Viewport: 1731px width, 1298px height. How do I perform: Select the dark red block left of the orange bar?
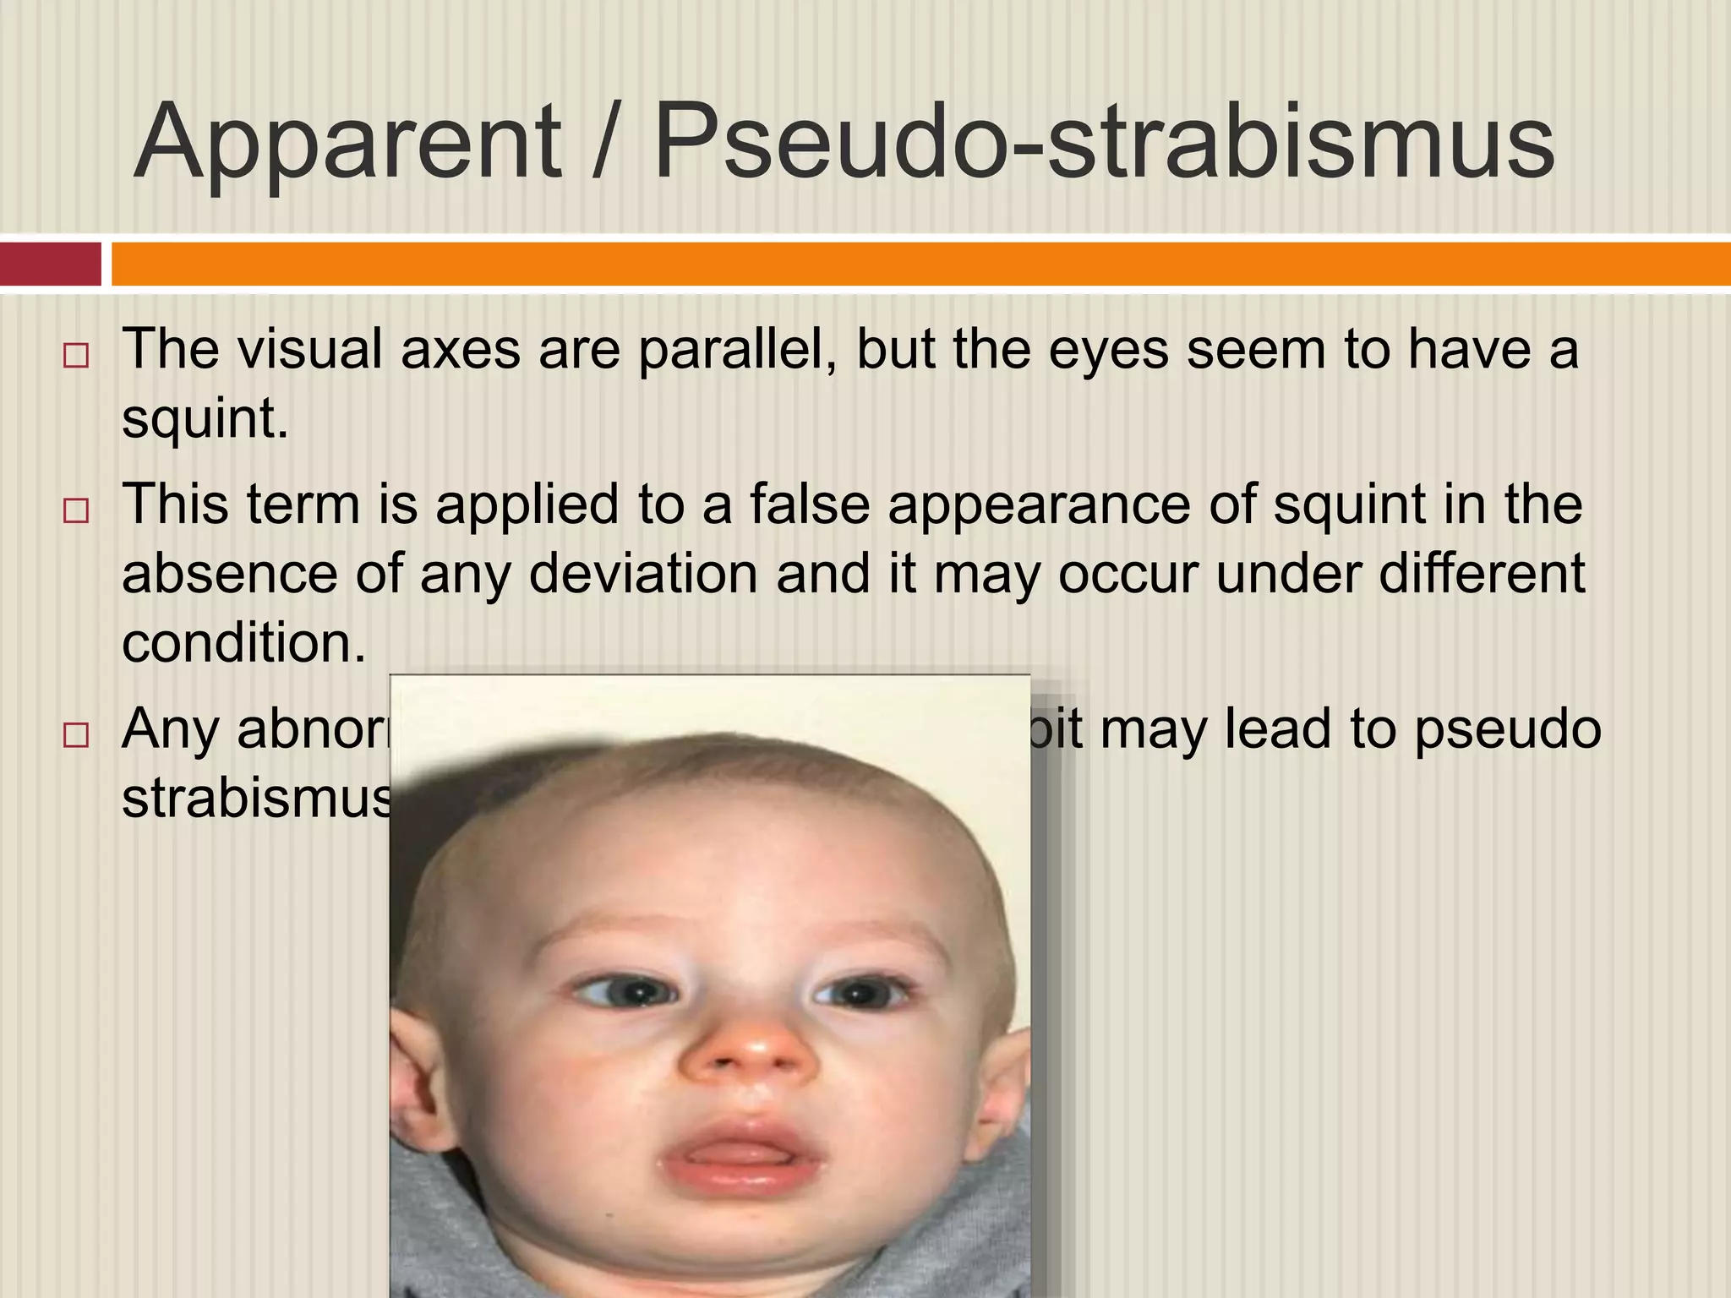[50, 264]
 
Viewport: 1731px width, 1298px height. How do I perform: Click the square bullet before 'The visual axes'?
[75, 356]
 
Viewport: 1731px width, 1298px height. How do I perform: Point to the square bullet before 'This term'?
[75, 510]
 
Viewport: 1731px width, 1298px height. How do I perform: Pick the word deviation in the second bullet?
[643, 573]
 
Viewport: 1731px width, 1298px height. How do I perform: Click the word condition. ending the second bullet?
[243, 642]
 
